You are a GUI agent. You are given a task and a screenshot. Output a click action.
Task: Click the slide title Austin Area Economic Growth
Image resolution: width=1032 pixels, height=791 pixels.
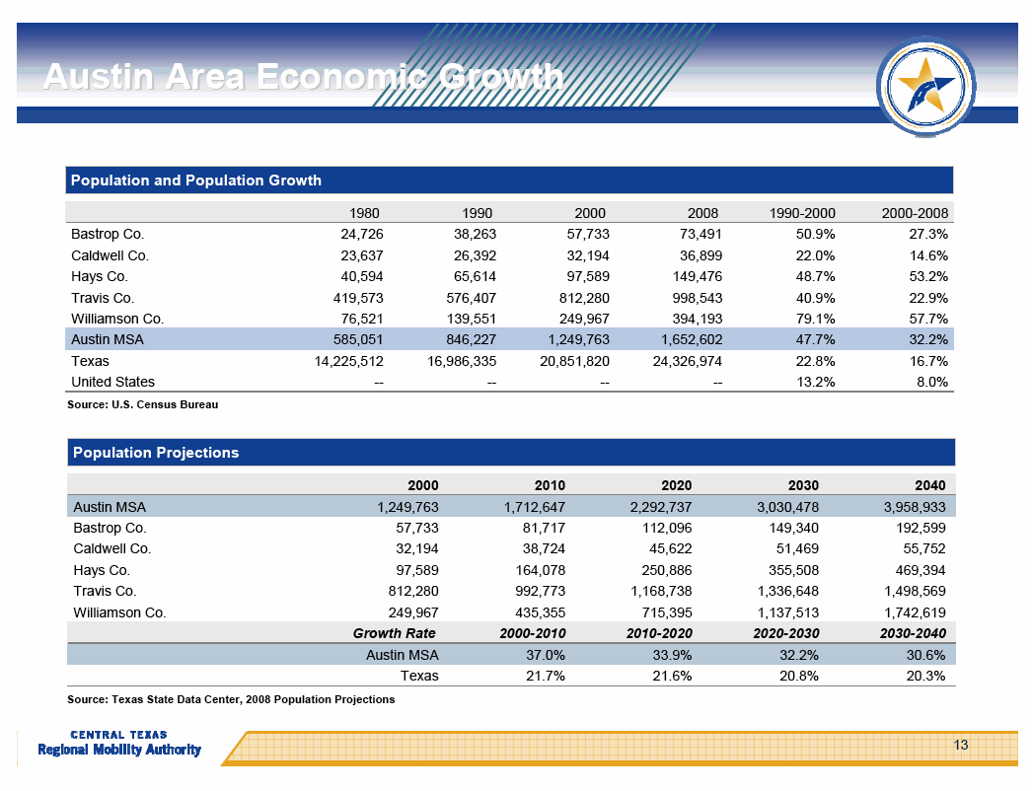pos(303,77)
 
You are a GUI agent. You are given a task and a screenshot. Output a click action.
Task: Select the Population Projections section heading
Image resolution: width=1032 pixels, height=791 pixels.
pos(155,453)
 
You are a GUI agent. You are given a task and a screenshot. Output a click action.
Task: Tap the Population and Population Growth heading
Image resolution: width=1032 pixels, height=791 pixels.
pos(196,180)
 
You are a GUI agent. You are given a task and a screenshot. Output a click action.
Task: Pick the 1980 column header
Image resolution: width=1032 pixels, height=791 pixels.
pos(365,213)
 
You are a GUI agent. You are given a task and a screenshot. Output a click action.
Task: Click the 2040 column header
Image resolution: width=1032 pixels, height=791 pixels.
pos(929,485)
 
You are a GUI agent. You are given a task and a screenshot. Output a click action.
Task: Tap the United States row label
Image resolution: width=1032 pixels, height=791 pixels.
pos(112,382)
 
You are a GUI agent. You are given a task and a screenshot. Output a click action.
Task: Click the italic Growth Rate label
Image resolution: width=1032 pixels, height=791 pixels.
pos(395,633)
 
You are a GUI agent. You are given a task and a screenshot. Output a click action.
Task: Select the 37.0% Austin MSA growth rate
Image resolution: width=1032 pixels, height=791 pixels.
pos(547,655)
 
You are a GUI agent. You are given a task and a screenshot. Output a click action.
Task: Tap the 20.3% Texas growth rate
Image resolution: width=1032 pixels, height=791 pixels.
pos(925,676)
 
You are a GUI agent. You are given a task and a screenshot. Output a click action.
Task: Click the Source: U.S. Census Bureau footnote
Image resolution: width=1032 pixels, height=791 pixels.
pos(142,405)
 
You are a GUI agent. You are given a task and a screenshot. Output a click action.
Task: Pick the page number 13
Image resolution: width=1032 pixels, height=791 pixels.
pos(961,745)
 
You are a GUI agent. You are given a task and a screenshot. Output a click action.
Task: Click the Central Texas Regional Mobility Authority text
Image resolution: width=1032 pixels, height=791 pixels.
pos(119,745)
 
